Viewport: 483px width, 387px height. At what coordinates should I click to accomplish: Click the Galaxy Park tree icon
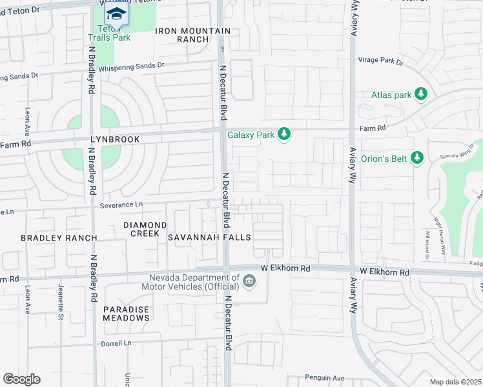[x=283, y=135]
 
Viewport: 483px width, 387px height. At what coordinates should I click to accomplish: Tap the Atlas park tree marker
[x=421, y=95]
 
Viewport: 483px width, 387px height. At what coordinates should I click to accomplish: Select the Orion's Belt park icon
[x=417, y=157]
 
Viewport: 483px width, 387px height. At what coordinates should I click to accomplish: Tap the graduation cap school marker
[x=116, y=14]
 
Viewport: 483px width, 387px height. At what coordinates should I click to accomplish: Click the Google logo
[x=21, y=379]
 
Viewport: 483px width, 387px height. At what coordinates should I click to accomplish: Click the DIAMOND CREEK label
[x=145, y=229]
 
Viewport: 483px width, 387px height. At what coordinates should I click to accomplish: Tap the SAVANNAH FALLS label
[x=209, y=238]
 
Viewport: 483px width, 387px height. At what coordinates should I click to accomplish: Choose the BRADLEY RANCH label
[x=59, y=238]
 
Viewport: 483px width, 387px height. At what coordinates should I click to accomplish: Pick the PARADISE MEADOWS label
[x=127, y=313]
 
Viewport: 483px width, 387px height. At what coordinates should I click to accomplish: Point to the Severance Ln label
[x=121, y=204]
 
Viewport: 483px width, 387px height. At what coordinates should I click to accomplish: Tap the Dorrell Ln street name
[x=116, y=344]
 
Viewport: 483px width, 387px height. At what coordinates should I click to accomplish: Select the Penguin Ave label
[x=326, y=378]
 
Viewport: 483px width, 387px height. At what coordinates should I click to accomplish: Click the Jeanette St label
[x=61, y=297]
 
